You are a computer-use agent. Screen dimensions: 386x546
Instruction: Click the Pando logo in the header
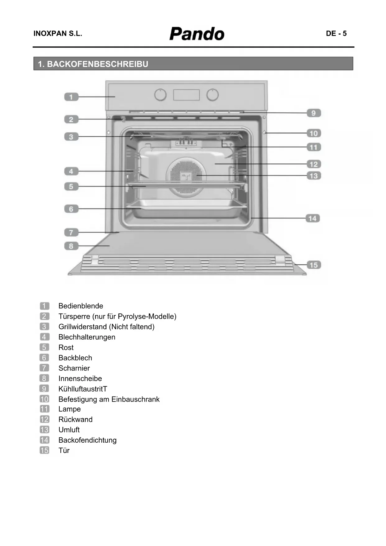pyautogui.click(x=197, y=34)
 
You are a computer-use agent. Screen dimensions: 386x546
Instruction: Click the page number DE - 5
pyautogui.click(x=336, y=34)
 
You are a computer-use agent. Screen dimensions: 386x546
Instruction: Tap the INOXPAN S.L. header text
pyautogui.click(x=58, y=34)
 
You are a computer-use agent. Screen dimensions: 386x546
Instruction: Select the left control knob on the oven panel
pyautogui.click(x=160, y=95)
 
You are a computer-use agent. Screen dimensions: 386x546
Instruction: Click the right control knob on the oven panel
pyautogui.click(x=212, y=95)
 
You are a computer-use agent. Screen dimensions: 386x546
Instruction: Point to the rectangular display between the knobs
pyautogui.click(x=186, y=95)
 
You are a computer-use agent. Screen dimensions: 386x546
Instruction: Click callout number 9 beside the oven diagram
pyautogui.click(x=314, y=113)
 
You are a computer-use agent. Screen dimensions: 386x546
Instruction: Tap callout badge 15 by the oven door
pyautogui.click(x=314, y=265)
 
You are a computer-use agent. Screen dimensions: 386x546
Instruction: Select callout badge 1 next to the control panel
pyautogui.click(x=71, y=97)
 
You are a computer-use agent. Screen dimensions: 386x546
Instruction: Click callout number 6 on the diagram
pyautogui.click(x=71, y=209)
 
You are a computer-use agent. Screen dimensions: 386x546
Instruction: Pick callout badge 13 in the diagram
pyautogui.click(x=314, y=176)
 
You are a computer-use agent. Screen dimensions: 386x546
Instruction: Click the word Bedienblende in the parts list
pyautogui.click(x=81, y=306)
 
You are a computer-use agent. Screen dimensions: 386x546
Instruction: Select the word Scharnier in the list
pyautogui.click(x=74, y=368)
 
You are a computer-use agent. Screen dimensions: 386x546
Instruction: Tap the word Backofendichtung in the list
pyautogui.click(x=87, y=440)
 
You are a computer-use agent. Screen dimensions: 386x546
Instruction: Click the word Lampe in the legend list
pyautogui.click(x=70, y=409)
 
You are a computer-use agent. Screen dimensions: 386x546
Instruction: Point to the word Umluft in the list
pyautogui.click(x=69, y=430)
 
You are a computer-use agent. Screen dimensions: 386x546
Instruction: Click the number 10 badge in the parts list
pyautogui.click(x=44, y=399)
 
